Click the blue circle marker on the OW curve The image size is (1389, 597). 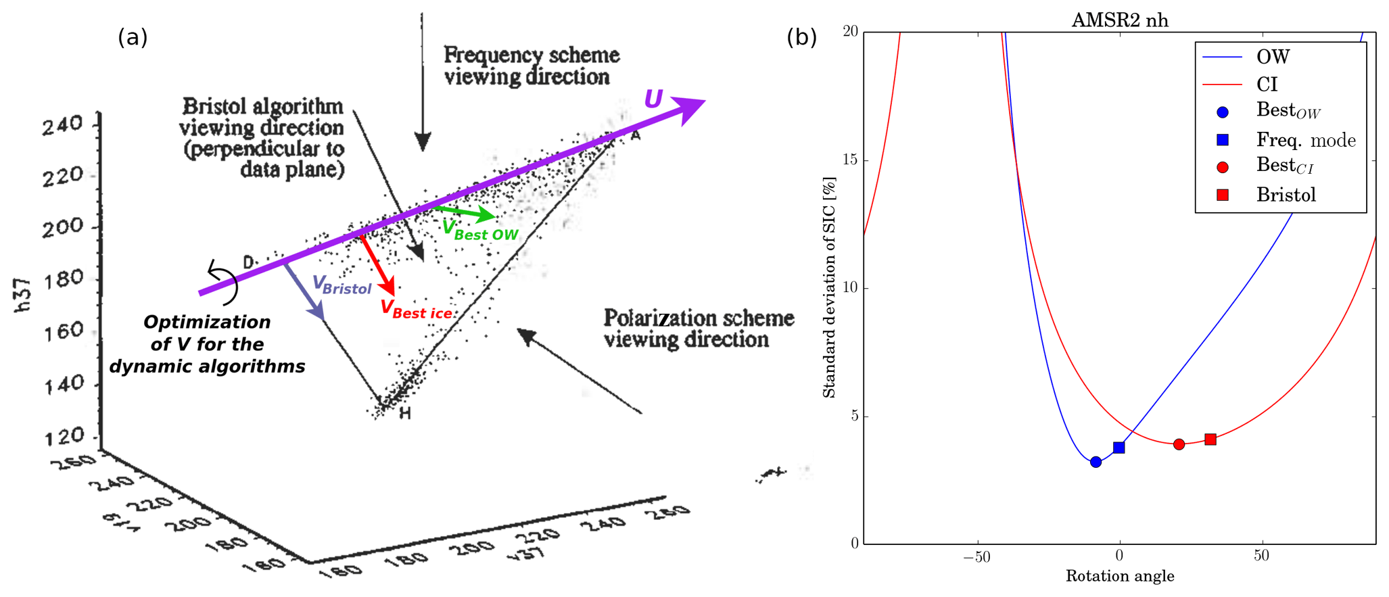tap(1096, 462)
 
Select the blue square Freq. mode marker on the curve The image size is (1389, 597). tap(1119, 448)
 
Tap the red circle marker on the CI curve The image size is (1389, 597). tap(1179, 444)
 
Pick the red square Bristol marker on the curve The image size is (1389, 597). tap(1210, 439)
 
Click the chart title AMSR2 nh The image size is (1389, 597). tap(1120, 20)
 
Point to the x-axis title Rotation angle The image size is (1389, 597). tap(1120, 576)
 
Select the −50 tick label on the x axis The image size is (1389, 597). tap(976, 557)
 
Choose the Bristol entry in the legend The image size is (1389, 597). tap(1286, 195)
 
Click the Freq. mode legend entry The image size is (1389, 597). tap(1305, 140)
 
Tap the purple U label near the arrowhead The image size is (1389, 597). tap(653, 99)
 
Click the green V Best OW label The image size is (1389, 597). tap(479, 231)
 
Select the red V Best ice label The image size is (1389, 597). tap(415, 310)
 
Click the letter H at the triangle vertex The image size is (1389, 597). tap(404, 413)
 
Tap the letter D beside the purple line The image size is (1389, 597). tap(248, 262)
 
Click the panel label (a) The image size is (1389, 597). tap(133, 37)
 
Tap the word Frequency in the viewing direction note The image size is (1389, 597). tap(493, 55)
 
